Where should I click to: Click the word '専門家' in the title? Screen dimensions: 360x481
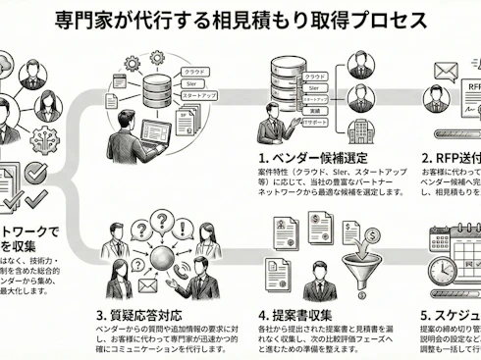(80, 21)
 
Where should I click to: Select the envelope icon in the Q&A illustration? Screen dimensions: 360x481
(145, 285)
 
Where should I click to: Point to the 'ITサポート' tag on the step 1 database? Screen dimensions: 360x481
(315, 125)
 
